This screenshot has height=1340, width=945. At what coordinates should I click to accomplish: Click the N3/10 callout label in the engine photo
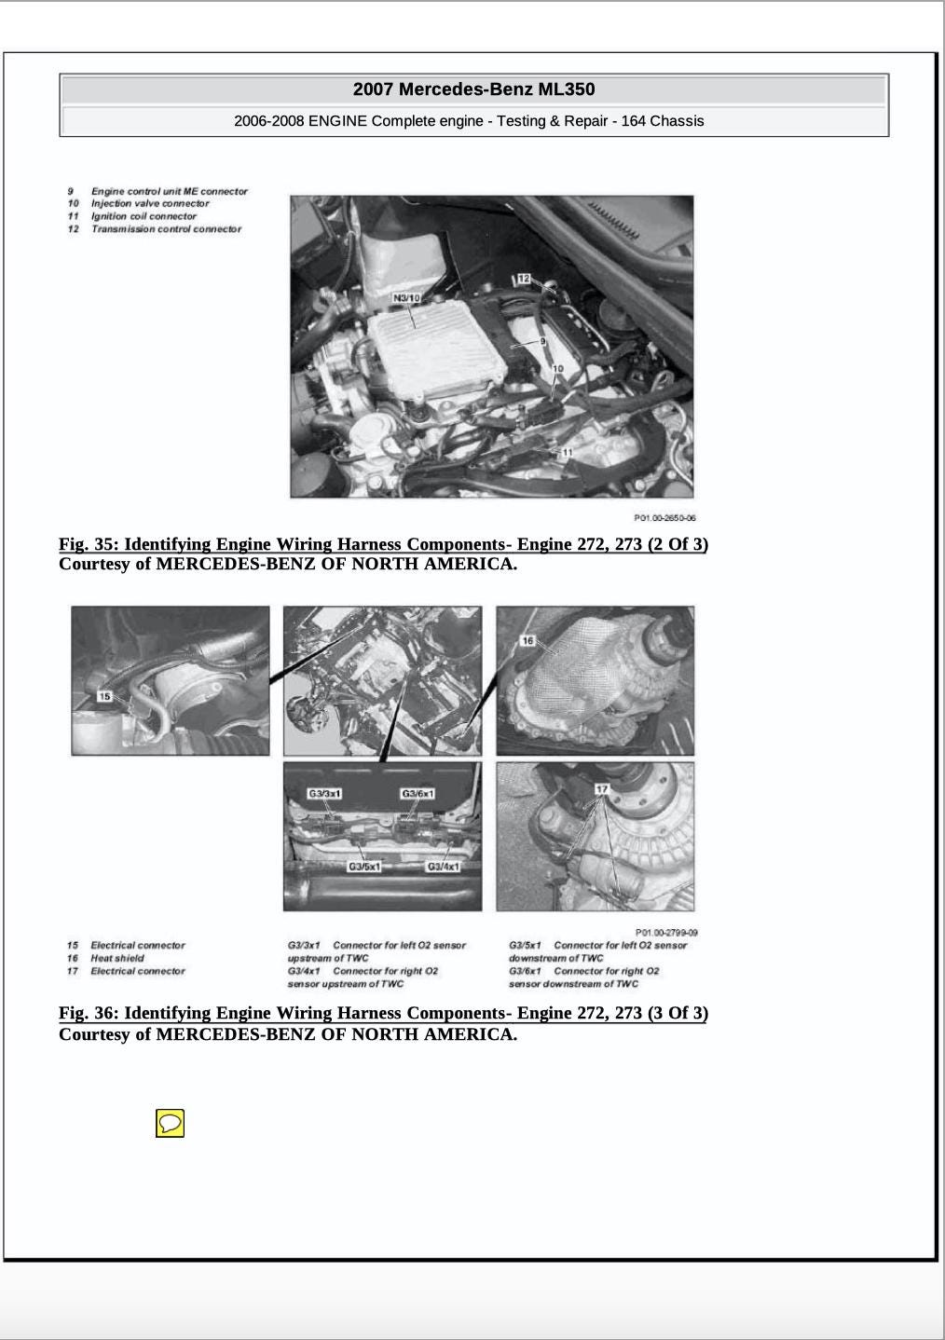click(407, 298)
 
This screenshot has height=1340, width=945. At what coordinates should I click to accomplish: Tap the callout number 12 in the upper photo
click(523, 279)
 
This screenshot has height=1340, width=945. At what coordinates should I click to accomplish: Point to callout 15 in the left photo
click(104, 696)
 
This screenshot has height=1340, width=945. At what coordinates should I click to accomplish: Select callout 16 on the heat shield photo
click(527, 640)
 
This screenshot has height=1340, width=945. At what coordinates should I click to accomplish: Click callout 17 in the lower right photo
click(602, 789)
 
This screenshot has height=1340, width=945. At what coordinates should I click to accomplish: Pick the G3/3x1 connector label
click(325, 794)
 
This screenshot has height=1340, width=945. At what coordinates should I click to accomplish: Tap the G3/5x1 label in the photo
click(364, 867)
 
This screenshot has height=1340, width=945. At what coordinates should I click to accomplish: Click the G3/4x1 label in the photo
click(443, 867)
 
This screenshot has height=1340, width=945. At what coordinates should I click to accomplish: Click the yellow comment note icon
click(170, 1123)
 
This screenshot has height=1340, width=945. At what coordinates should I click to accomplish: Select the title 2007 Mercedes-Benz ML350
click(473, 89)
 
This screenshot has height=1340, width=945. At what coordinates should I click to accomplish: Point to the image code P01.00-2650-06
click(664, 518)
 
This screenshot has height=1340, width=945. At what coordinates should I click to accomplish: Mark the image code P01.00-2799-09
click(666, 932)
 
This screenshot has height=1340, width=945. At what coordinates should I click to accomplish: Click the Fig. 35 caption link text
click(383, 544)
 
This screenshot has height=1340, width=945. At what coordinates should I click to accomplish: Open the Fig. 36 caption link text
click(383, 1013)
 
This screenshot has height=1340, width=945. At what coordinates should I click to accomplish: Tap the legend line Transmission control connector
click(166, 229)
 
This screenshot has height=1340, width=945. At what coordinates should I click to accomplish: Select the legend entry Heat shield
click(117, 958)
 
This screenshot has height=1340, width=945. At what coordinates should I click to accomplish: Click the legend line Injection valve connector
click(150, 203)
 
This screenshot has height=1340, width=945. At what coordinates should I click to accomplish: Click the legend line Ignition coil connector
click(144, 216)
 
